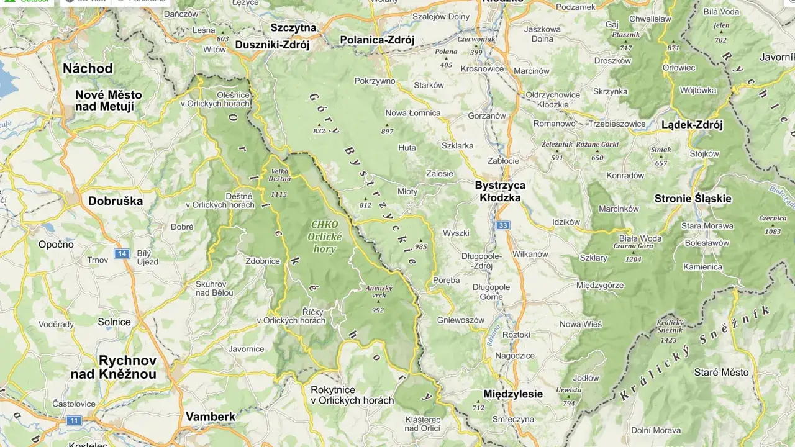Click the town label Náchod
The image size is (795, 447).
[x=88, y=68]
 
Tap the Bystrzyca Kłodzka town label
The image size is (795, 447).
[x=500, y=191]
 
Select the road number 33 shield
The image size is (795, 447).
[x=502, y=225]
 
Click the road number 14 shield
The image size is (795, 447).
[x=122, y=253]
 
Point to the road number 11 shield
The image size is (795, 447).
[x=74, y=420]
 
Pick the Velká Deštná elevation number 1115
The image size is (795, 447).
[x=279, y=194]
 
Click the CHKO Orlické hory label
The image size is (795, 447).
[x=324, y=237]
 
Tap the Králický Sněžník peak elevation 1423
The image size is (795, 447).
[x=669, y=340]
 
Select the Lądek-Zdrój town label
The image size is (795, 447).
[x=692, y=125]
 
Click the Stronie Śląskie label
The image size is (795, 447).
[x=693, y=199]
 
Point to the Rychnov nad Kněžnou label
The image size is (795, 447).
[x=113, y=367]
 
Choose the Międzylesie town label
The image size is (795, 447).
[x=512, y=394]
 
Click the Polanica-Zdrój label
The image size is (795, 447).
[x=377, y=40]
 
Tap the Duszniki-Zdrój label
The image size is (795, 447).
[x=272, y=44]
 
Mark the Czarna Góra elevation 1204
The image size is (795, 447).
[x=633, y=260]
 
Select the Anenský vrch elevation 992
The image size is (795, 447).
[x=378, y=310]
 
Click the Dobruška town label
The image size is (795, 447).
[x=116, y=201]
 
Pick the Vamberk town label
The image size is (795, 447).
[x=211, y=416]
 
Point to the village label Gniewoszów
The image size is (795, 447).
[x=460, y=320]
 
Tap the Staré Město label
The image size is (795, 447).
[x=721, y=372]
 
